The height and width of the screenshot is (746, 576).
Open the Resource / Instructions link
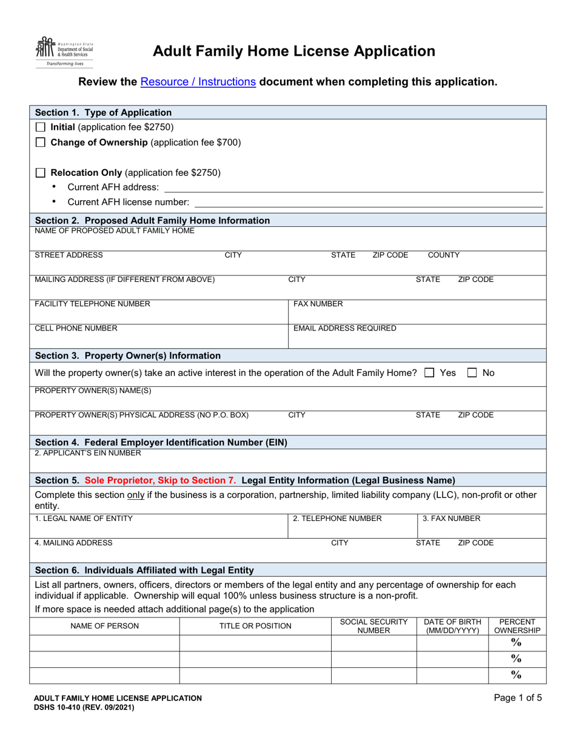pyautogui.click(x=198, y=81)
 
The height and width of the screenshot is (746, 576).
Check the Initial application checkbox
pyautogui.click(x=41, y=127)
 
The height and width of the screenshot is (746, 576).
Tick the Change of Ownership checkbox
pyautogui.click(x=41, y=143)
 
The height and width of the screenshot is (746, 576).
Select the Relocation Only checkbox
pyautogui.click(x=41, y=173)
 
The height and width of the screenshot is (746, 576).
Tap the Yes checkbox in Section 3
pyautogui.click(x=429, y=373)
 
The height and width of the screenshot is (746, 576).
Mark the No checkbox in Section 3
pyautogui.click(x=474, y=373)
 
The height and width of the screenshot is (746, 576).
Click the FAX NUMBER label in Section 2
pyautogui.click(x=318, y=304)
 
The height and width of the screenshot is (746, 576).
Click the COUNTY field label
pyautogui.click(x=444, y=255)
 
